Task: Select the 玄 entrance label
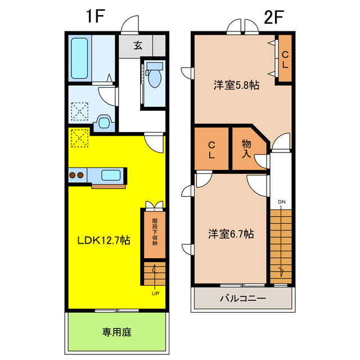point(138,46)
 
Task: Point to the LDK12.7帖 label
point(104,240)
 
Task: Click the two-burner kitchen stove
point(76,175)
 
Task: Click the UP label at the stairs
point(155,292)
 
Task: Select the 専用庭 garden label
point(117,332)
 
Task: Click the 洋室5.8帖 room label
point(236,85)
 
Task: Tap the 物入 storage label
point(246,148)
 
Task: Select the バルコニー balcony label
point(242,298)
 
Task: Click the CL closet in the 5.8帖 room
point(285,59)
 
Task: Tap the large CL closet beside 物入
point(211,149)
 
